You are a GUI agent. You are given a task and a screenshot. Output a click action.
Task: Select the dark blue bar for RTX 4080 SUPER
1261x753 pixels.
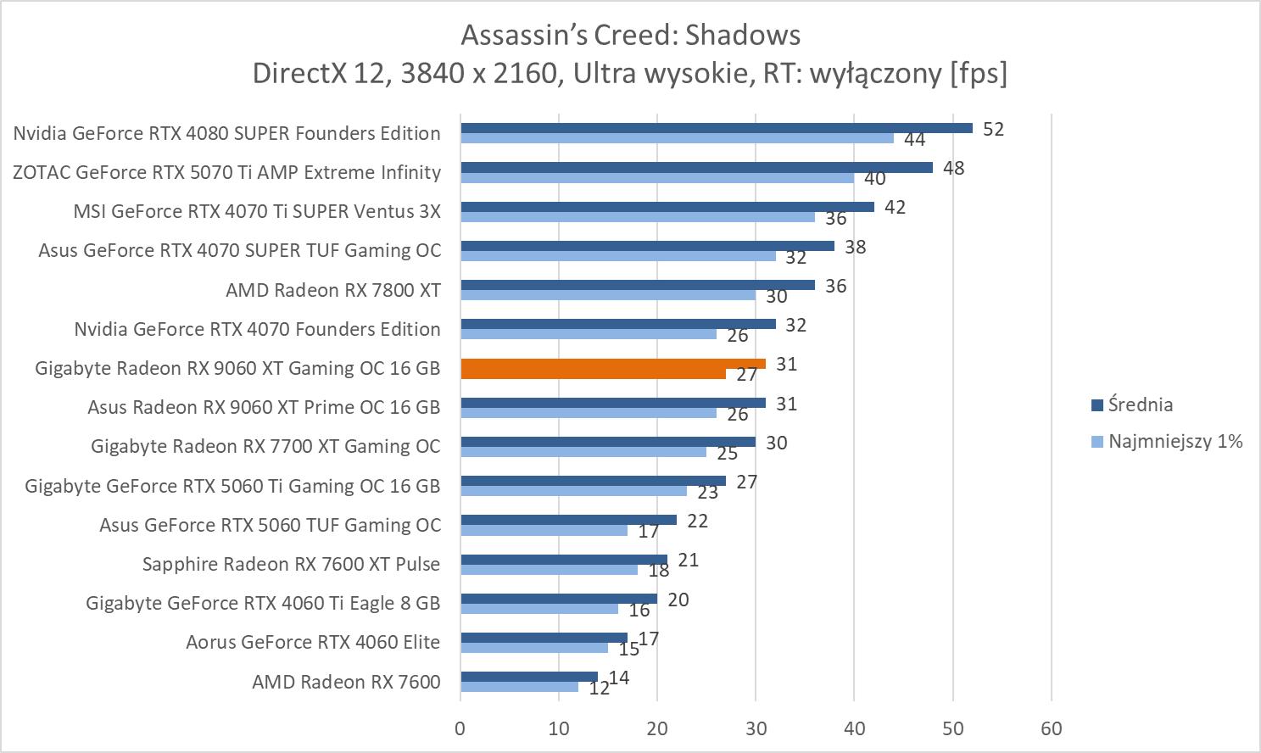(716, 128)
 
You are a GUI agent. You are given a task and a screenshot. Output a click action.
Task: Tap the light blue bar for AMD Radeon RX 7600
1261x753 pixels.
(519, 687)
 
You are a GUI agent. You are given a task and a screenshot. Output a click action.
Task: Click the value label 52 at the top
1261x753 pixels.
(993, 129)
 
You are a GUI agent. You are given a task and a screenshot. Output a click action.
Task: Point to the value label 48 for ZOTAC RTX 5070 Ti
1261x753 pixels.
(953, 168)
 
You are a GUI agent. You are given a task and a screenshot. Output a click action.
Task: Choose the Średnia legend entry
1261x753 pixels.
(1140, 404)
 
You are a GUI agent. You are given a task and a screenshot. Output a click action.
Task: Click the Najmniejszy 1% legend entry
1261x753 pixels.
(1175, 441)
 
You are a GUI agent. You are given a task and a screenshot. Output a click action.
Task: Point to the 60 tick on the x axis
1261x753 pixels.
(1052, 728)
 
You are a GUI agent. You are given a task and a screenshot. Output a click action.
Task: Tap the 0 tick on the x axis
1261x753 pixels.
(460, 728)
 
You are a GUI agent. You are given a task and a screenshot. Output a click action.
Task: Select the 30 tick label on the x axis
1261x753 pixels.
(756, 728)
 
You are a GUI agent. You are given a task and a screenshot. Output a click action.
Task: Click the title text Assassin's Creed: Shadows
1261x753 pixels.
(630, 35)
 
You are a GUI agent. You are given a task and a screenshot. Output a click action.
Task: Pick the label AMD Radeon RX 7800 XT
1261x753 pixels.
(333, 290)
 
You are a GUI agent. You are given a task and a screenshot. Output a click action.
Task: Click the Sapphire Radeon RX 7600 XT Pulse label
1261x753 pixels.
(291, 564)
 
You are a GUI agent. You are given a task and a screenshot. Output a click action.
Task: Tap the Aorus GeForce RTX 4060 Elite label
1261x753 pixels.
(313, 642)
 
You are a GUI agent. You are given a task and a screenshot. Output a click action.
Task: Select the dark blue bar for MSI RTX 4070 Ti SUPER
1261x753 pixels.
(667, 207)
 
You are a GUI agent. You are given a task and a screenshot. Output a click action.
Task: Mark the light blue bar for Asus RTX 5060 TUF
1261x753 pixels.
(544, 531)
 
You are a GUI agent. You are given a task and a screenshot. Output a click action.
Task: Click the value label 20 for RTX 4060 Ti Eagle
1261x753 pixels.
(678, 600)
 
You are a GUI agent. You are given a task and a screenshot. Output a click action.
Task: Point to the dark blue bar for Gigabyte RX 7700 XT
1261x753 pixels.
(607, 442)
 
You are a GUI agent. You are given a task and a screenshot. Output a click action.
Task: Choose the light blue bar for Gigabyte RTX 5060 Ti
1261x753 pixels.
(573, 490)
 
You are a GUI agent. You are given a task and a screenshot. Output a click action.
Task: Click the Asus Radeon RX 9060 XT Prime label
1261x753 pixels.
(264, 407)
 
